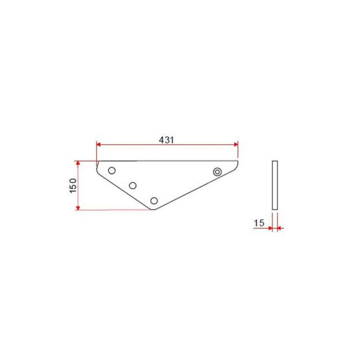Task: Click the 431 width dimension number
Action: click(x=166, y=140)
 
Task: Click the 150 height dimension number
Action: click(x=73, y=186)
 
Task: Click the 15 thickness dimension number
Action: click(x=259, y=223)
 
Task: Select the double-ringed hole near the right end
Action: click(x=217, y=172)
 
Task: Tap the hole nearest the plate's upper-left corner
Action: click(x=112, y=170)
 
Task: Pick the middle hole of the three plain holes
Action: click(x=132, y=185)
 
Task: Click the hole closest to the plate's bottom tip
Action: click(x=154, y=201)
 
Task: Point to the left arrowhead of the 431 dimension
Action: click(x=99, y=144)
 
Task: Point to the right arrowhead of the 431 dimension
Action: click(x=236, y=144)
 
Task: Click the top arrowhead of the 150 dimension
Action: click(x=78, y=163)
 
